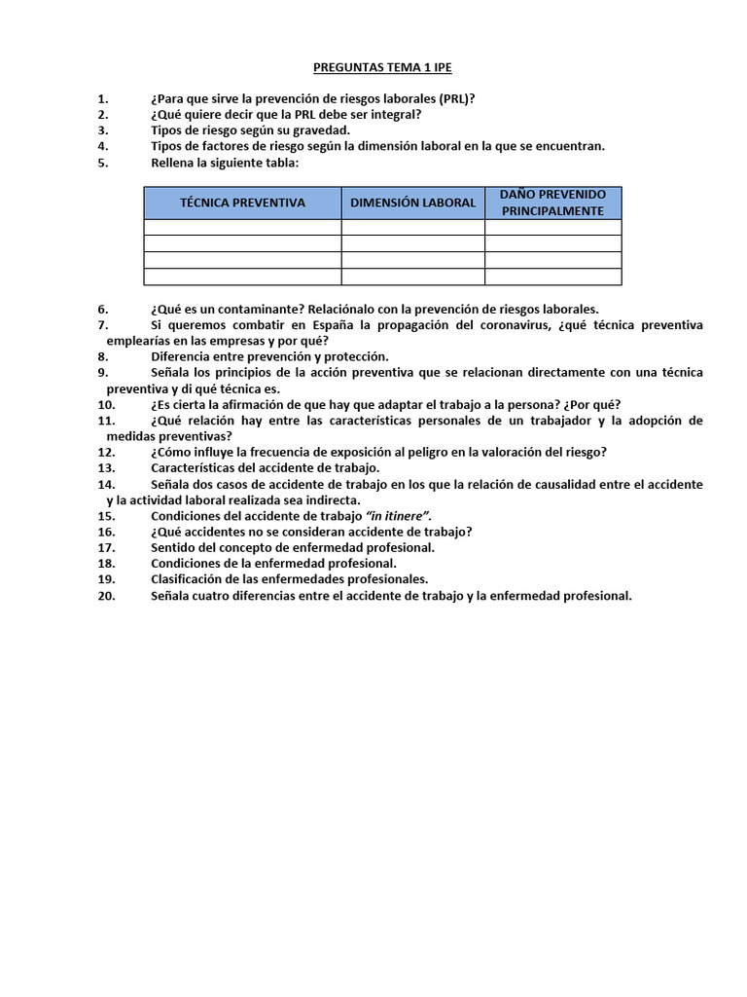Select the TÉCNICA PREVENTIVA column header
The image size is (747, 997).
[x=242, y=203]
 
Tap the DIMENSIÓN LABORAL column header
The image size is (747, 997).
[x=412, y=203]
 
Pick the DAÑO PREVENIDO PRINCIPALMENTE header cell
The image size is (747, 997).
[x=552, y=203]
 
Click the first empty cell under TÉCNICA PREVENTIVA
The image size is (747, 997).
[x=242, y=227]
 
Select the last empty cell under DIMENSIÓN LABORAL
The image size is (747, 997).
[x=412, y=277]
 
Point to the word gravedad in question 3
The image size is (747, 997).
[x=319, y=130]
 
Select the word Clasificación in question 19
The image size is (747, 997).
[x=190, y=579]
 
